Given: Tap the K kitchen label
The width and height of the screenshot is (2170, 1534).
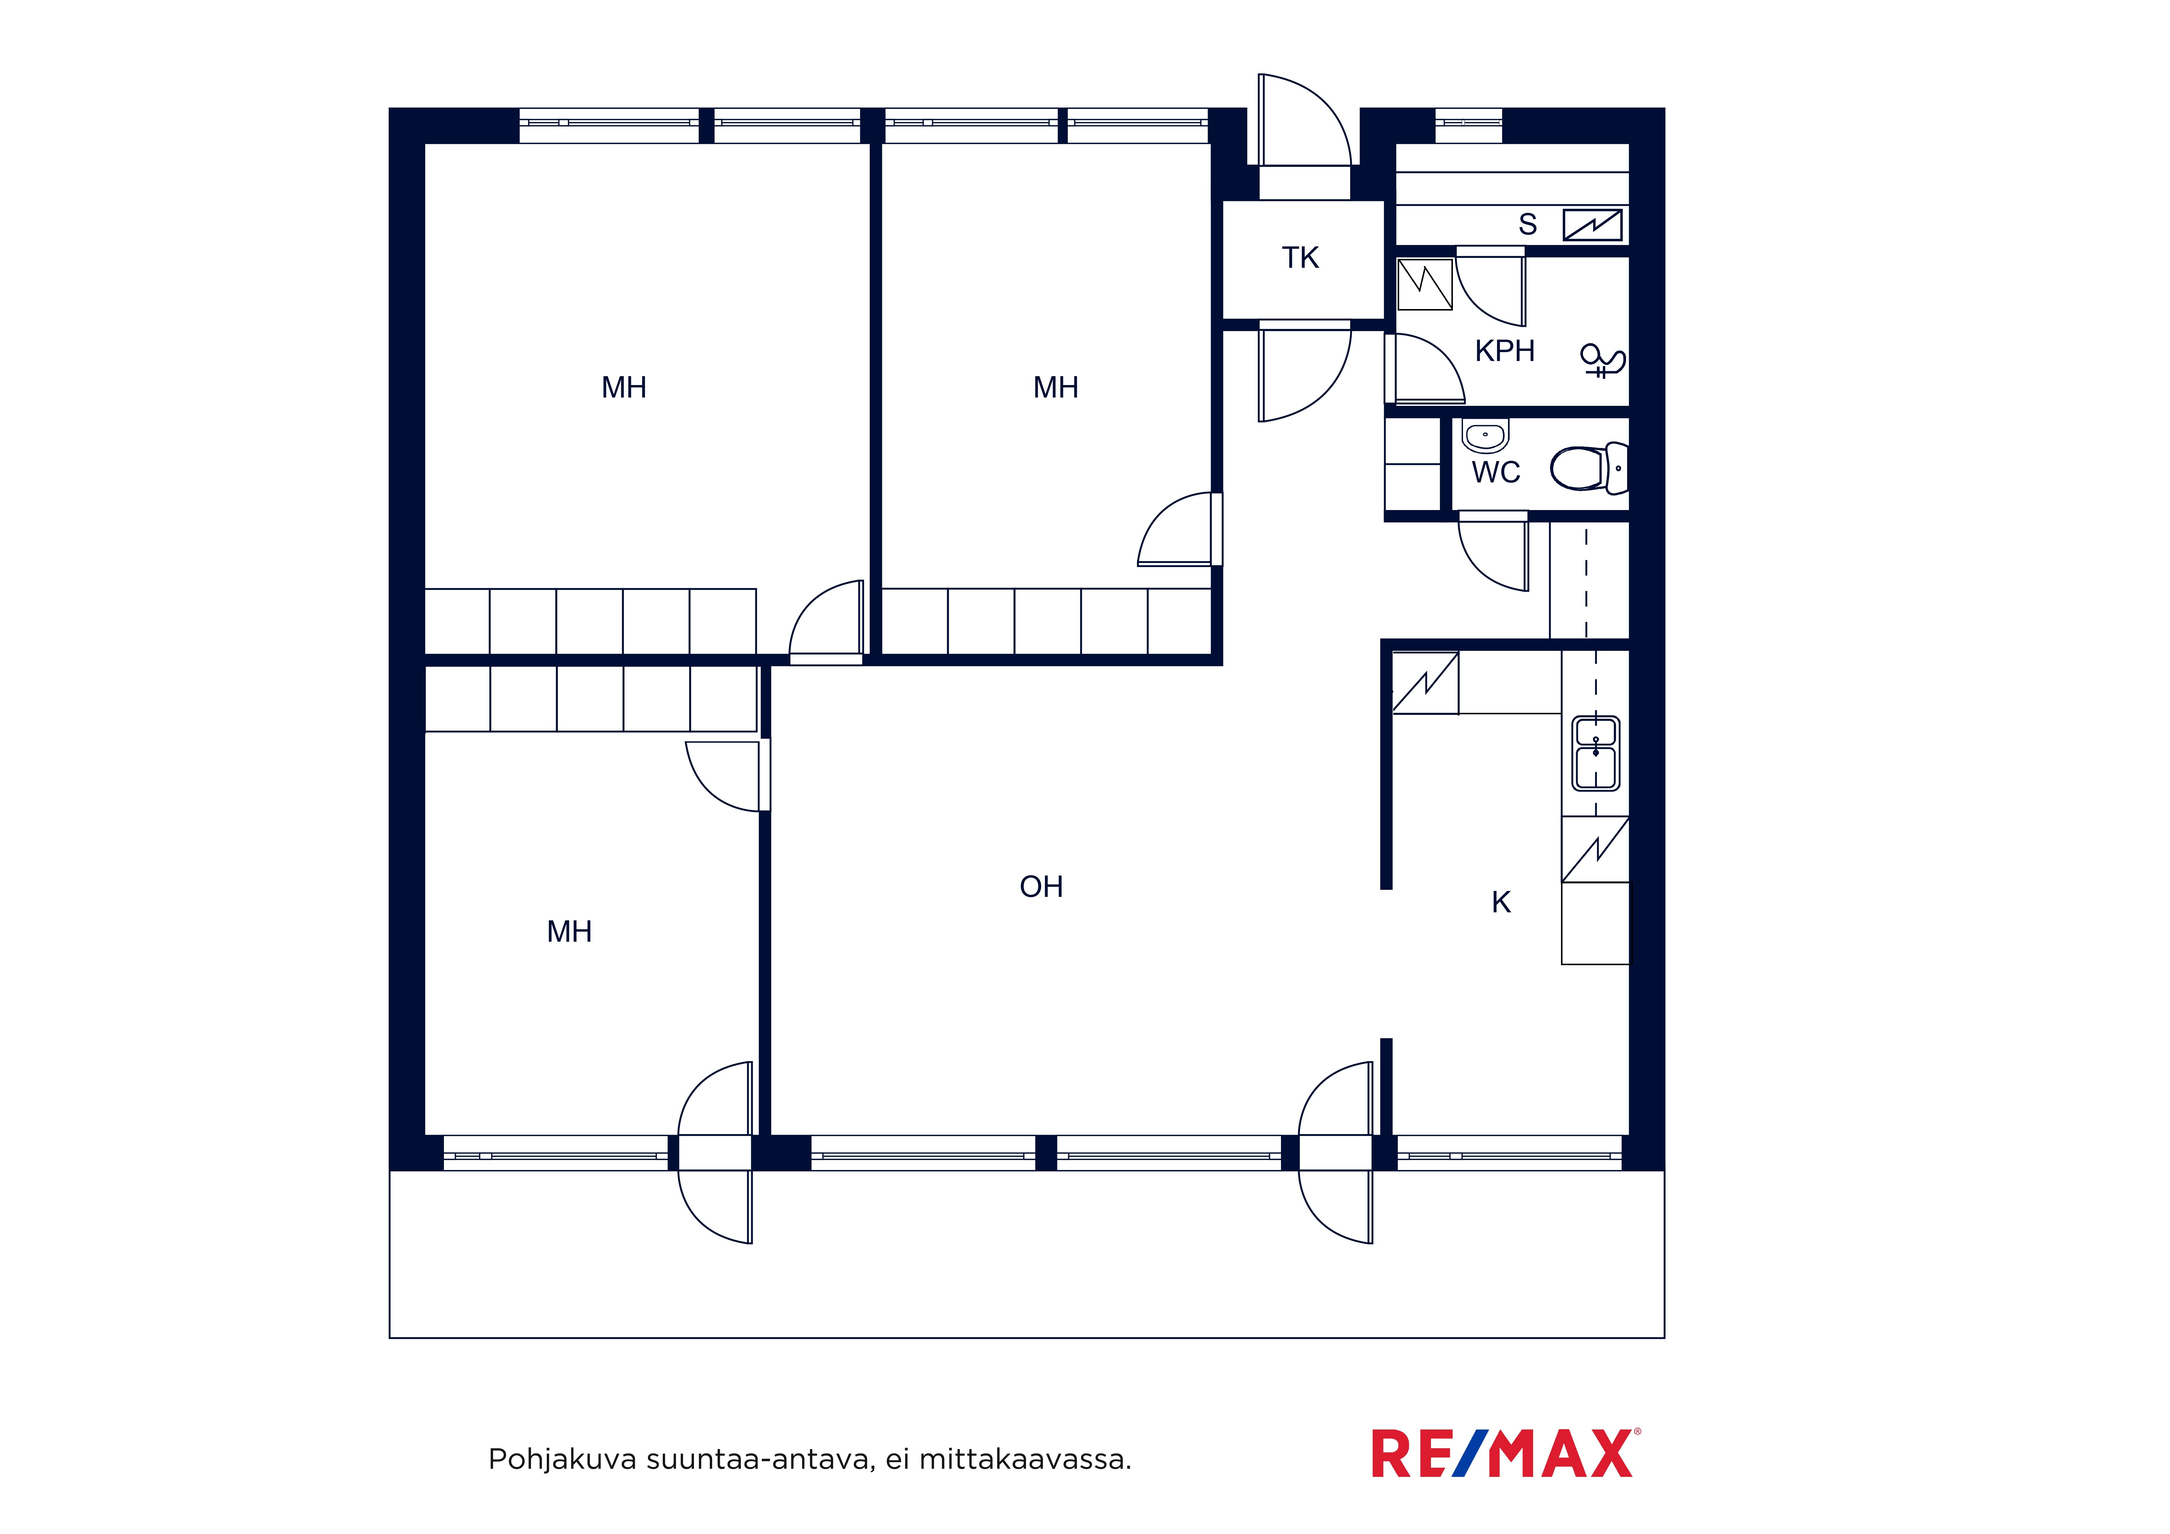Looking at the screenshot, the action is pos(1501,903).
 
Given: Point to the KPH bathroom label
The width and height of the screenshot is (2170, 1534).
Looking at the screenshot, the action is pos(1505,351).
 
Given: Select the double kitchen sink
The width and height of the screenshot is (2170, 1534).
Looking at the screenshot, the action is pos(1595,753).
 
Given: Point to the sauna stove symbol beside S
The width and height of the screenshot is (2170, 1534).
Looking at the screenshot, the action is pos(1592,225).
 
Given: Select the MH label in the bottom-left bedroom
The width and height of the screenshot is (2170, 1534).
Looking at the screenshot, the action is pos(569,932).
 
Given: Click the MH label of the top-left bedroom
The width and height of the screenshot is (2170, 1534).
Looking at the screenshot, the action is pos(624,387).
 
